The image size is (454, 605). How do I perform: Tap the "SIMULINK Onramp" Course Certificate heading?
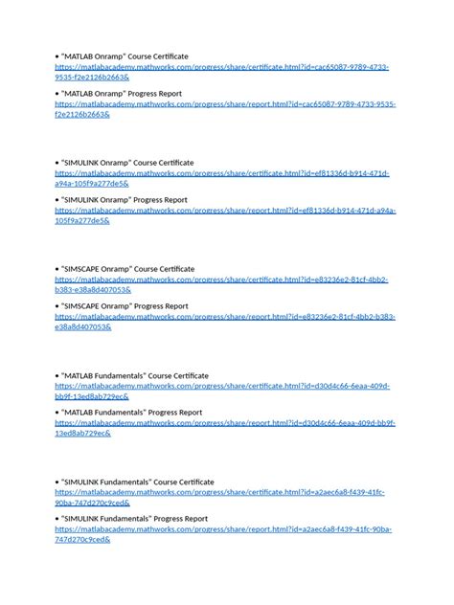[126, 163]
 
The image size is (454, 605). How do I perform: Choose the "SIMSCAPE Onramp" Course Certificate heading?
[127, 269]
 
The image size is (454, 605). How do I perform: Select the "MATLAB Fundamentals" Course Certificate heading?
[134, 375]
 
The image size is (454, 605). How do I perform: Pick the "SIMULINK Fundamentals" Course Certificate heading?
[138, 482]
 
